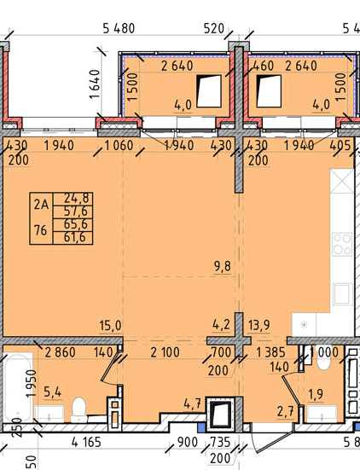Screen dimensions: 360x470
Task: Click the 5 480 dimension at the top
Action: [119, 28]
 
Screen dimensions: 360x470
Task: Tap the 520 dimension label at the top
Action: [214, 28]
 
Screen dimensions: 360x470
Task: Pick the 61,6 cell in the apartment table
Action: [73, 238]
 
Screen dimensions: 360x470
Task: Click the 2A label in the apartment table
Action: [41, 205]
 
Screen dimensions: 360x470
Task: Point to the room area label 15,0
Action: [110, 326]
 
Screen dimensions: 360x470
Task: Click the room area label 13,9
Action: [259, 325]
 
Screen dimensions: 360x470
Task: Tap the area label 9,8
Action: [223, 266]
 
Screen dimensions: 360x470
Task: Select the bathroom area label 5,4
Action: [52, 392]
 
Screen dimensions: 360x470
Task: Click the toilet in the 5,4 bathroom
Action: [79, 409]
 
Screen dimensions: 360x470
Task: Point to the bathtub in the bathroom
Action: [18, 386]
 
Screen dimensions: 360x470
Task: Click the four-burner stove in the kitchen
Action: [342, 244]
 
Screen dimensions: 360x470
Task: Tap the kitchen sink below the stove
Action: [342, 293]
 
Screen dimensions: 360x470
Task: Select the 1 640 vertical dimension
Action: [95, 84]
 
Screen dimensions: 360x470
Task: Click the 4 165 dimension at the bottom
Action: [86, 442]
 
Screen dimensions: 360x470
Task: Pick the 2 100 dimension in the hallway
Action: [165, 352]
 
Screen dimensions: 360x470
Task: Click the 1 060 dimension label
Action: [119, 146]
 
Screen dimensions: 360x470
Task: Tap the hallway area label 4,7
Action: [192, 404]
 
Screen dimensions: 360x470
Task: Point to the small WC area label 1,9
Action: [316, 394]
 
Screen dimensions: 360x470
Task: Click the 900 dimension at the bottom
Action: [188, 442]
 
